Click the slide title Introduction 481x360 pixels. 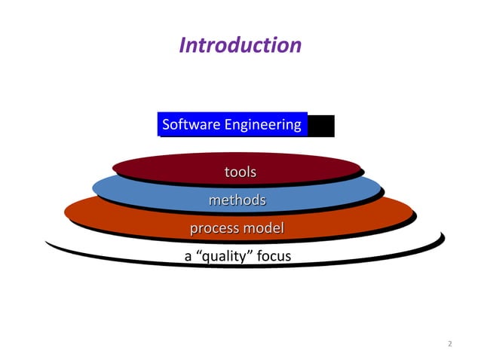tap(240, 45)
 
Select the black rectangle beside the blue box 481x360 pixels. tap(321, 126)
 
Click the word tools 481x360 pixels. tap(240, 172)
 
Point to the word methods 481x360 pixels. tap(237, 200)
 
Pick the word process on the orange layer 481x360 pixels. tap(213, 228)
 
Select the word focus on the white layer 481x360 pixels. tap(274, 257)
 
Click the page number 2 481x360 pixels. tap(449, 344)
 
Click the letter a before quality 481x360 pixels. tap(188, 257)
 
